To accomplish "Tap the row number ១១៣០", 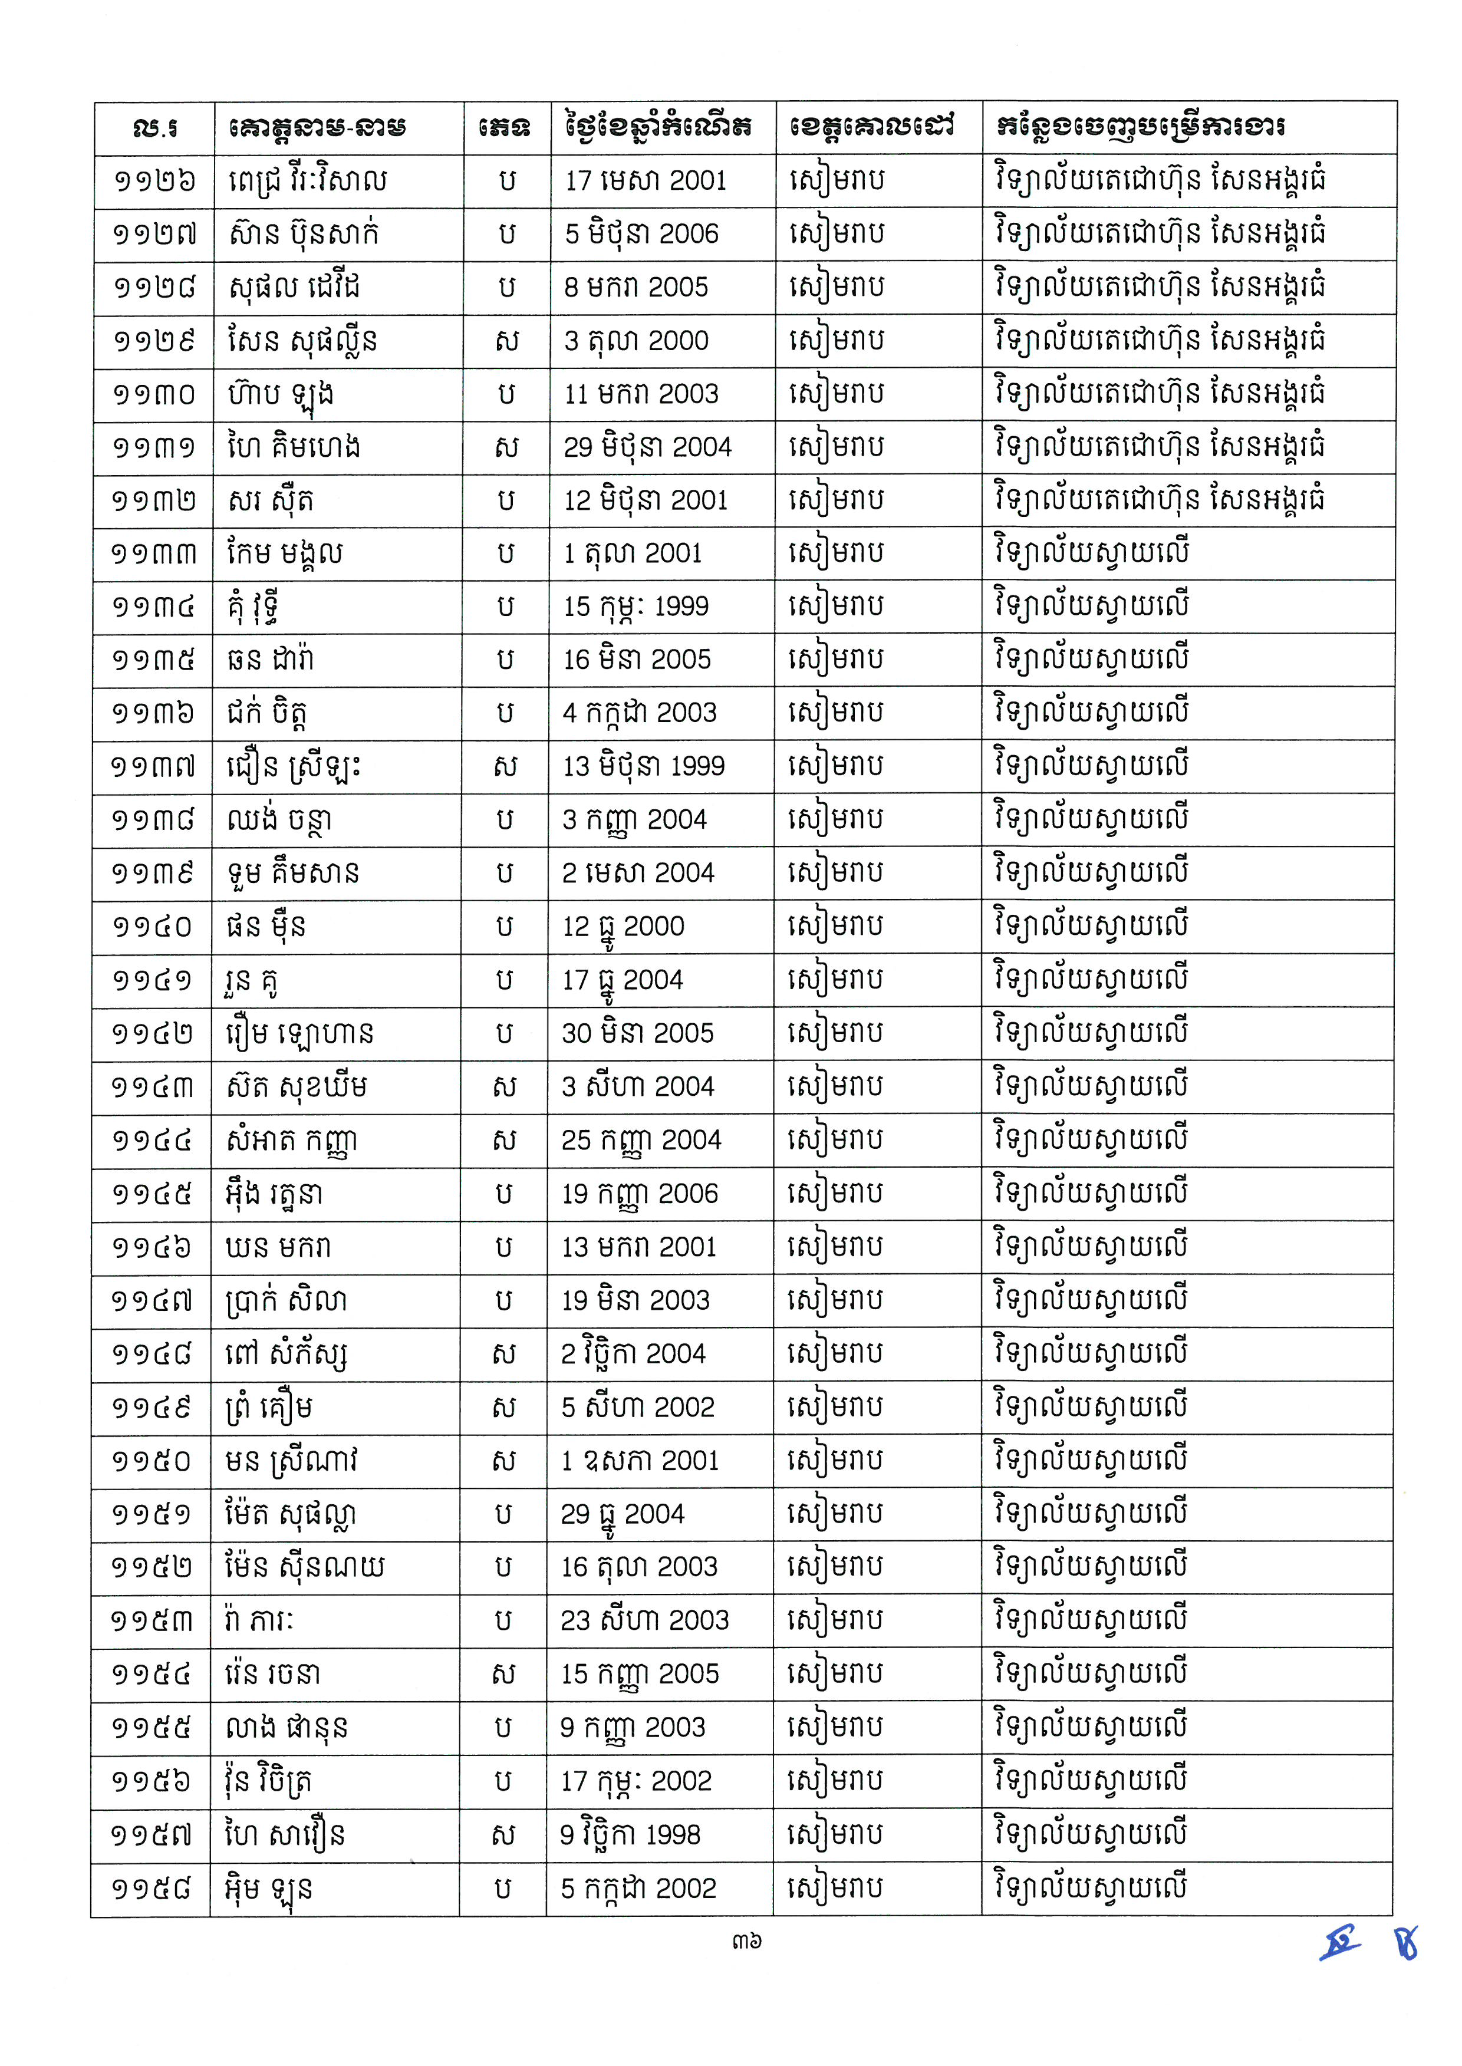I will point(153,394).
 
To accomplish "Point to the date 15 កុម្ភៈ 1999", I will point(635,607).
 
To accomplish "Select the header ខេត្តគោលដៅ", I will point(871,126).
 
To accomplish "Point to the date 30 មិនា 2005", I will point(637,1033).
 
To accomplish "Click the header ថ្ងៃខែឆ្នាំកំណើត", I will point(659,127).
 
